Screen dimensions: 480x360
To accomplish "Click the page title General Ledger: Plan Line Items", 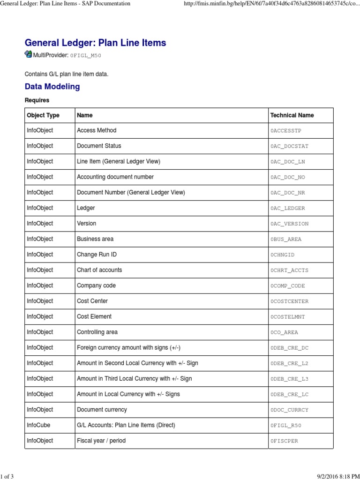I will click(x=95, y=43).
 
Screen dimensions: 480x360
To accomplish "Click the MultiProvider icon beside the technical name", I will click(x=28, y=54).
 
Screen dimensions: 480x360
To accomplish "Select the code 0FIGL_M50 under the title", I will click(x=85, y=55).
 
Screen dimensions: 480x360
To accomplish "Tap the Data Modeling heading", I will click(x=52, y=87).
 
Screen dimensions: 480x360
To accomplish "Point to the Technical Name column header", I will click(x=292, y=115).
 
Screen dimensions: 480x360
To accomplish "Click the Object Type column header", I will click(x=43, y=115).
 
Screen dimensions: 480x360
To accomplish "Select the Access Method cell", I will click(x=97, y=130).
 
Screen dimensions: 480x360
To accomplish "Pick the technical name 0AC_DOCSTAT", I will click(x=289, y=146).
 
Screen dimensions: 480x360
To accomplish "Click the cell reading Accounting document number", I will click(x=115, y=177).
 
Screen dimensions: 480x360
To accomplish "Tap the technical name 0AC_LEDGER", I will click(x=287, y=208).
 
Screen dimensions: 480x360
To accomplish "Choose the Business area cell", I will click(x=95, y=239).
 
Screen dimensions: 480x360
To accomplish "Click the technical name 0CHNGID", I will click(x=282, y=255).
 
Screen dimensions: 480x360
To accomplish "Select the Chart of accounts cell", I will click(x=99, y=270).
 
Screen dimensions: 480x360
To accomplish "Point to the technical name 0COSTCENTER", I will click(x=289, y=301).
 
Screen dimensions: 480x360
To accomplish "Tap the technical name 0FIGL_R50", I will click(x=286, y=426).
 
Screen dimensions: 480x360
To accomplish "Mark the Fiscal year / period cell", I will click(x=101, y=441).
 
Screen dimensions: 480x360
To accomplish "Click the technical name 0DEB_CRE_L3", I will click(x=289, y=379).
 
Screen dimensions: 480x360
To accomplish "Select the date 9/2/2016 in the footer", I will click(x=321, y=477).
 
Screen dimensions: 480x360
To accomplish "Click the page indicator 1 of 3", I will click(x=7, y=477).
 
